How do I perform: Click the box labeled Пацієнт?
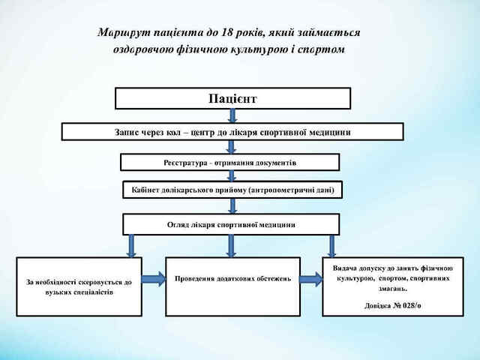(x=232, y=98)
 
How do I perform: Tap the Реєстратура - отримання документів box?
(x=230, y=162)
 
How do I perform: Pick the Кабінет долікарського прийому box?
(x=232, y=190)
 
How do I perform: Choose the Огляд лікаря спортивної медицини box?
(x=231, y=224)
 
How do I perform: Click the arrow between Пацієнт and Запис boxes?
(x=232, y=116)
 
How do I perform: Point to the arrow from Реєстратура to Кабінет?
(x=232, y=176)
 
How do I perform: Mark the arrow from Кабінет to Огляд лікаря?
(x=232, y=205)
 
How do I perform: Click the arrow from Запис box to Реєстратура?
(x=232, y=147)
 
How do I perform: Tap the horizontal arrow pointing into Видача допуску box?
(x=311, y=280)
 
